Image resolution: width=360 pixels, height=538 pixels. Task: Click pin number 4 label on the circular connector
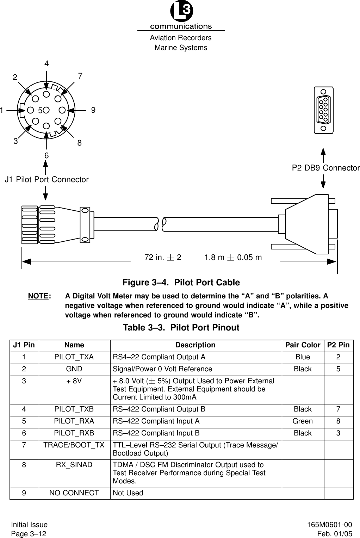point(46,64)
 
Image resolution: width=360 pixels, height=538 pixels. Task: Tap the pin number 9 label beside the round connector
point(93,110)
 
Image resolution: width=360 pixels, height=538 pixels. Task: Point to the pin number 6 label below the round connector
point(46,155)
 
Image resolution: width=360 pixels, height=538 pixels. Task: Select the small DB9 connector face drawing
point(323,110)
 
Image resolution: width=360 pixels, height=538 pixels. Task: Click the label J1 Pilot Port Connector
point(46,180)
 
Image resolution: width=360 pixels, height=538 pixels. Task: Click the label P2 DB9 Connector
point(326,168)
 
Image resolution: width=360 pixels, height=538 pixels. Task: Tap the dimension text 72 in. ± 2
point(163,257)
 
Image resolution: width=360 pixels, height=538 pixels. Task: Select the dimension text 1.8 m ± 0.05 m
point(233,257)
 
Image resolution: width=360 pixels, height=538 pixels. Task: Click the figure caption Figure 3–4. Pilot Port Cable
point(181,283)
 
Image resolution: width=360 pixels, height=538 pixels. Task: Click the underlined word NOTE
point(38,296)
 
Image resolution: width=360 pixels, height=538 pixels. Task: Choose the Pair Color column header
point(303,345)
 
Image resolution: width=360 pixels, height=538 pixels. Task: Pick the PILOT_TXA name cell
point(74,357)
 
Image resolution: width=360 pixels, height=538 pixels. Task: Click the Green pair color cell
point(303,421)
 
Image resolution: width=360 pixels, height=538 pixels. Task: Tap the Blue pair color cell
point(303,357)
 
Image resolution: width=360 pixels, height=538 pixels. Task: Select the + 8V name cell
point(74,381)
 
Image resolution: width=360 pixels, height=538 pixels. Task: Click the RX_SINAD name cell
point(74,465)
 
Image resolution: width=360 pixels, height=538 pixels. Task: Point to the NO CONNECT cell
point(74,493)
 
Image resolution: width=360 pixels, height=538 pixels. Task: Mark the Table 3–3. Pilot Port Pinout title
point(181,328)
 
